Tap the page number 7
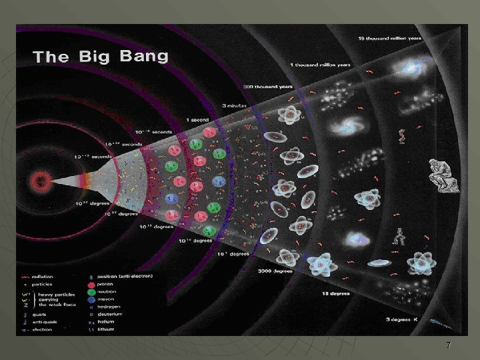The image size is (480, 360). [449, 345]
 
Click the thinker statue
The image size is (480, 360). [443, 175]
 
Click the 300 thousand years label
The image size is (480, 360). [268, 87]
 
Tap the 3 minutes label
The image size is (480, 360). [235, 106]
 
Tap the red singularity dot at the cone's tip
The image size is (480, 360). [41, 180]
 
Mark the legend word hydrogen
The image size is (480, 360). [109, 307]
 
